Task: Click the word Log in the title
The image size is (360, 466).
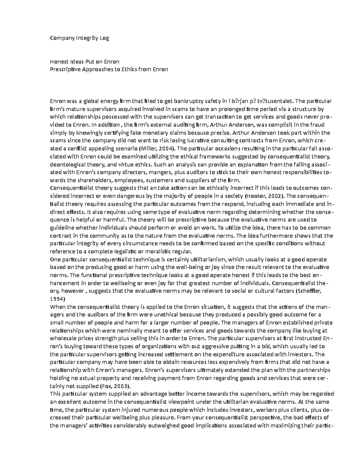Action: pyautogui.click(x=104, y=38)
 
